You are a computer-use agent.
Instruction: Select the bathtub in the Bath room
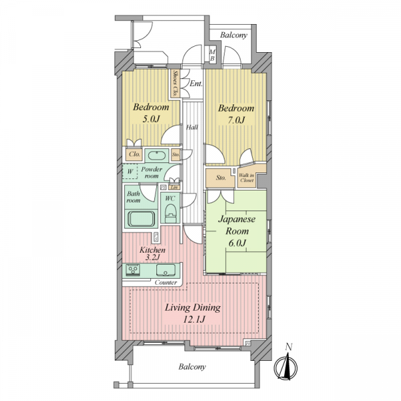tap(141, 219)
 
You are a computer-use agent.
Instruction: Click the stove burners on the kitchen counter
tap(133, 270)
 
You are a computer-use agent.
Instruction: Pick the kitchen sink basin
tap(166, 270)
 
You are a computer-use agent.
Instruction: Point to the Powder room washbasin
tap(157, 156)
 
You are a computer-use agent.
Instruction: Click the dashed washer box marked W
tap(130, 172)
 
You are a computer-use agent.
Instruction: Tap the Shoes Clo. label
tap(176, 84)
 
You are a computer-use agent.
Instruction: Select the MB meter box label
tap(213, 55)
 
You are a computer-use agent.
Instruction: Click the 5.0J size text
tap(150, 119)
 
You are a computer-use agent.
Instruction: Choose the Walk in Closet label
tap(247, 178)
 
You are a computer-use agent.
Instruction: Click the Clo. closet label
tap(134, 154)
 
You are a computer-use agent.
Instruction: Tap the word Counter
tap(166, 282)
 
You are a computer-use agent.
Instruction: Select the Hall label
tap(192, 127)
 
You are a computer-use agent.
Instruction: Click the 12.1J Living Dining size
tap(193, 319)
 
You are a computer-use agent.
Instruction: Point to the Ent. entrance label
tap(196, 84)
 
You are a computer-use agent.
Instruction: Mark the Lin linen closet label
tap(174, 187)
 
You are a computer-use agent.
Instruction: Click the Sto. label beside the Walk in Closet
tap(221, 178)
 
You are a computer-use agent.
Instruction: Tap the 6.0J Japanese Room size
tap(237, 243)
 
